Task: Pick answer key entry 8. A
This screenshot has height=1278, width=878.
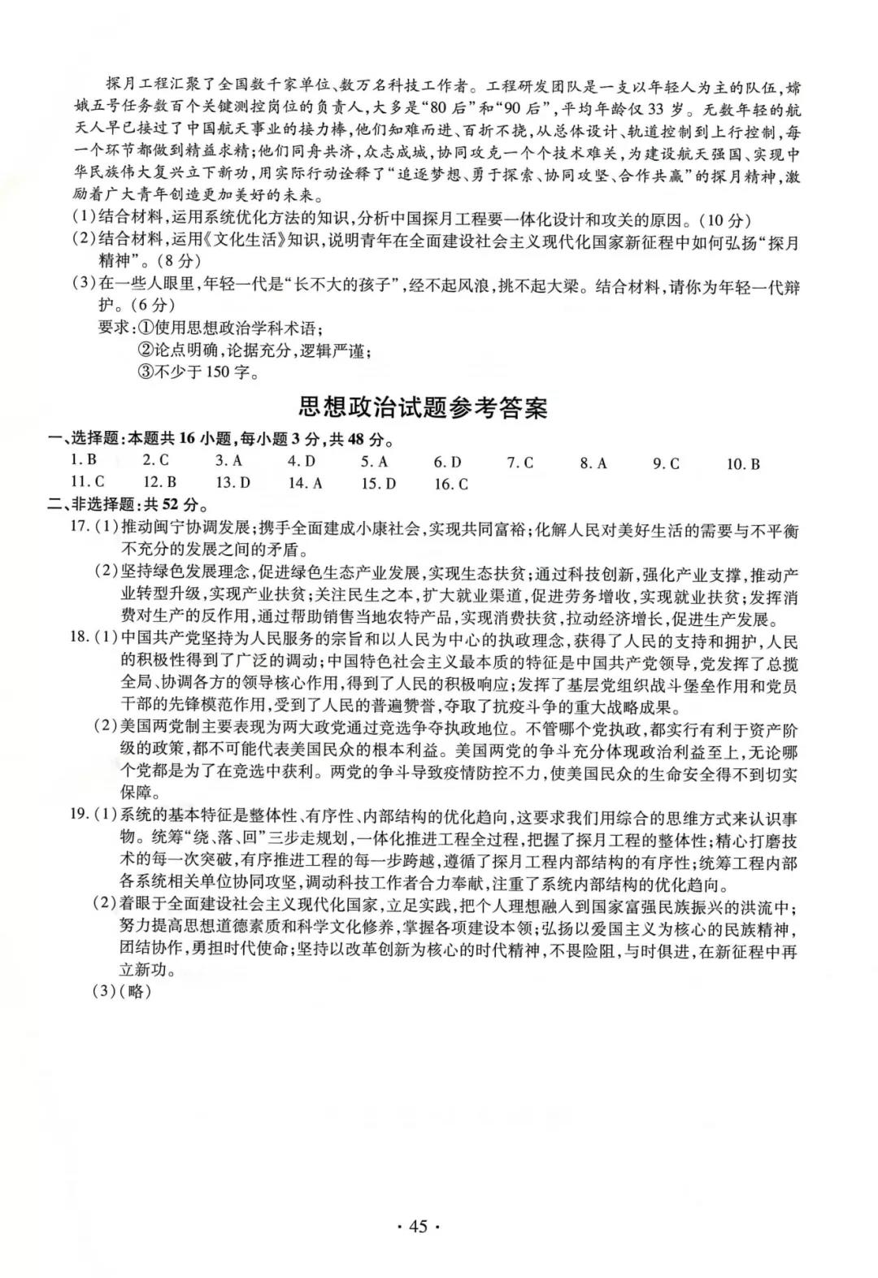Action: click(x=593, y=463)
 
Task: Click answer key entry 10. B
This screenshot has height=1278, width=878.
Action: click(x=743, y=464)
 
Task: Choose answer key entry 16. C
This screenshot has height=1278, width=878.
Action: click(x=451, y=485)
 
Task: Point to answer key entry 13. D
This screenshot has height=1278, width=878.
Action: click(x=233, y=483)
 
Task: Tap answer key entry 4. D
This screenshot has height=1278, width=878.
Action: click(x=302, y=463)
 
